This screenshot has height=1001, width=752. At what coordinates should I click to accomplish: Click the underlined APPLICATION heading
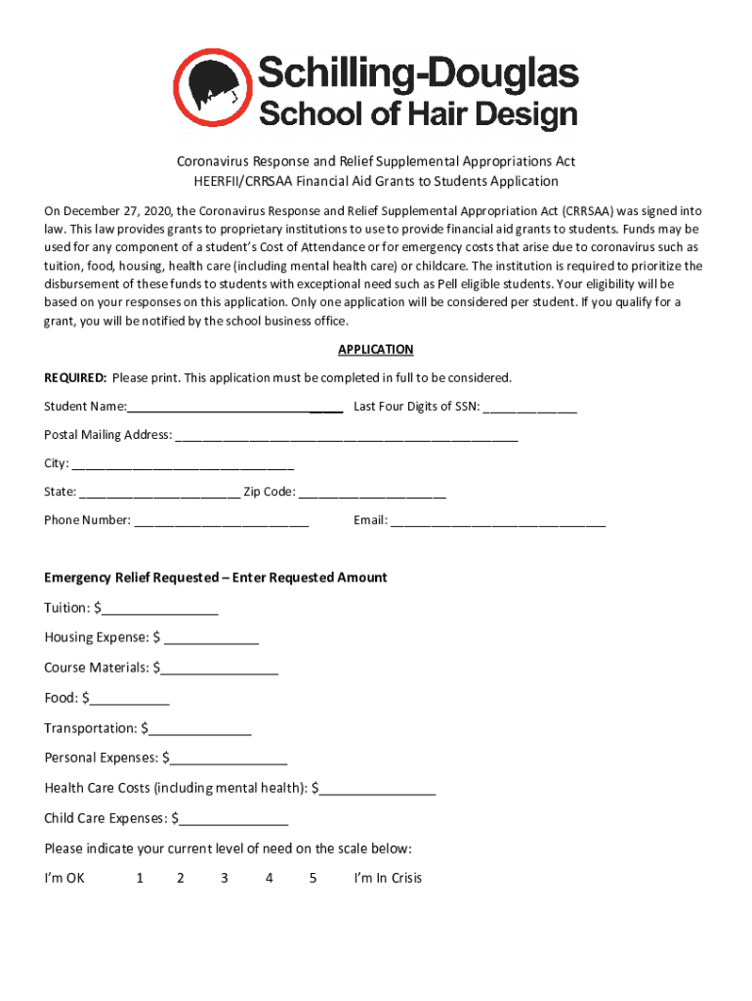point(376,350)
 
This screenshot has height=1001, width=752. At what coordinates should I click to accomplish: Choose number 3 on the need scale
point(225,878)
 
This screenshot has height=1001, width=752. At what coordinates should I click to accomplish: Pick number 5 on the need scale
point(313,878)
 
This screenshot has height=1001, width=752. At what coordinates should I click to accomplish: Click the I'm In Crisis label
point(388,878)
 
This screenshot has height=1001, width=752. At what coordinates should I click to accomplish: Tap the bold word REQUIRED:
point(75,378)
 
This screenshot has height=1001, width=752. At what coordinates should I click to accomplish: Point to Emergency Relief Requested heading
point(216,578)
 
